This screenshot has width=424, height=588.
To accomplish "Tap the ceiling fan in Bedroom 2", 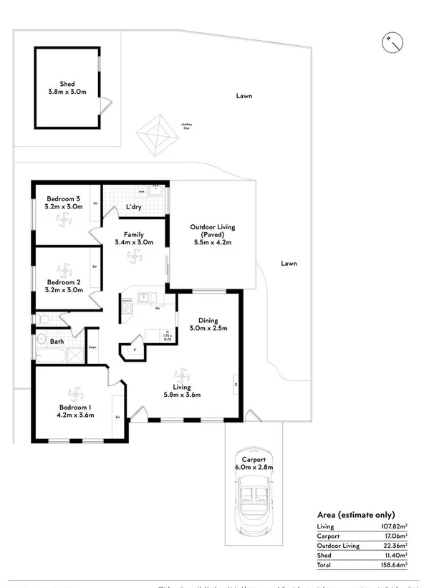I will (x=63, y=271).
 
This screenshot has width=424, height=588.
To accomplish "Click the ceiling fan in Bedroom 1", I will (x=74, y=394).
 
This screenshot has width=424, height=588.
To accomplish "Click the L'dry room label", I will (x=134, y=208).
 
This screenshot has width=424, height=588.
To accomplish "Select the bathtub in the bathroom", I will (x=52, y=355).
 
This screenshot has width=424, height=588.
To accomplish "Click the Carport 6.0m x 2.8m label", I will (x=254, y=463).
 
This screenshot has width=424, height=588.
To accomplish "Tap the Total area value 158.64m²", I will (x=394, y=564).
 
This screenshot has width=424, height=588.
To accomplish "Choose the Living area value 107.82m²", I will (x=394, y=526).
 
